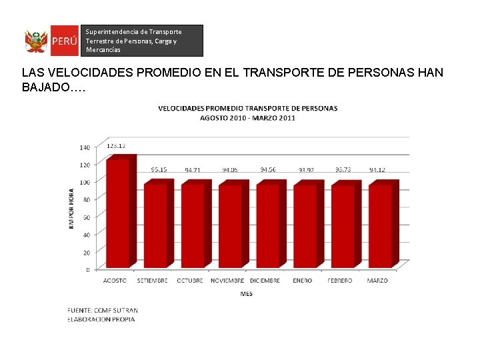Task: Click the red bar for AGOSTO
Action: coord(118,213)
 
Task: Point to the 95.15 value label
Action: coord(159,169)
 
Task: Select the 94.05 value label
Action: coord(230,169)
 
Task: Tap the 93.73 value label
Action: coord(343,169)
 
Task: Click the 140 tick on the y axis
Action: coord(85,147)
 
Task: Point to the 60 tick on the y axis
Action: coord(87,217)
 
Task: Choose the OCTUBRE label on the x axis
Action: coord(189,281)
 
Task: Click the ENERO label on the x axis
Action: coord(302,281)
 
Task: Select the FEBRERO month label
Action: coord(339,281)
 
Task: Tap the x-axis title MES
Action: coord(247,294)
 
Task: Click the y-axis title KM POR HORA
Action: coord(71,209)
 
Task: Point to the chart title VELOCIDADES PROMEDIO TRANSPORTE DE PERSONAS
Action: coord(247,108)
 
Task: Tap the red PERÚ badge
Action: coord(65,42)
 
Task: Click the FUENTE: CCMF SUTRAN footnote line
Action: coord(103,310)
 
